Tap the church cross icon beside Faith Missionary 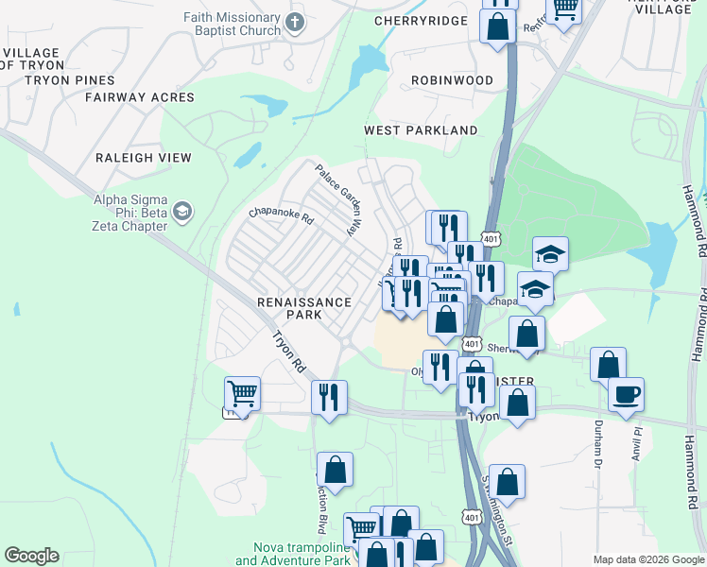296,22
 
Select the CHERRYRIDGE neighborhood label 421,20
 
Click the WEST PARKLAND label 422,129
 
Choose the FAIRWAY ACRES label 140,97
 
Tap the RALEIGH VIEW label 144,158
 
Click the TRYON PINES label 69,80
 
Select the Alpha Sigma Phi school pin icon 183,211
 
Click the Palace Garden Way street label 339,199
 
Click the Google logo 31,556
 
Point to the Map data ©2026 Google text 647,559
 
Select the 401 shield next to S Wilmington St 472,515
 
